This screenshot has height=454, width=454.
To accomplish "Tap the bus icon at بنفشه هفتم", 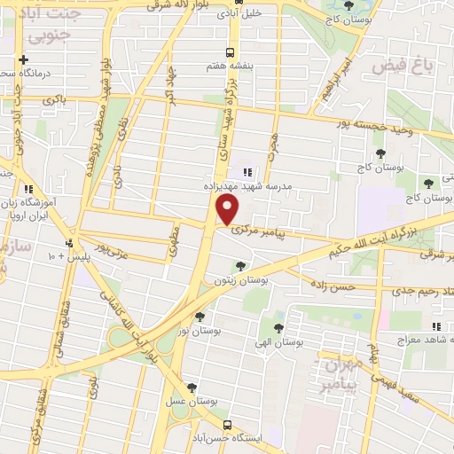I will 231,51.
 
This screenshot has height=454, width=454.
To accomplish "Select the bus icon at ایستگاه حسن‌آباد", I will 229,424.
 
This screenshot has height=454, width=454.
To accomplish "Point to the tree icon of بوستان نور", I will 200,316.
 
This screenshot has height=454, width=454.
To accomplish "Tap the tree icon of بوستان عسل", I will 192,387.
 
